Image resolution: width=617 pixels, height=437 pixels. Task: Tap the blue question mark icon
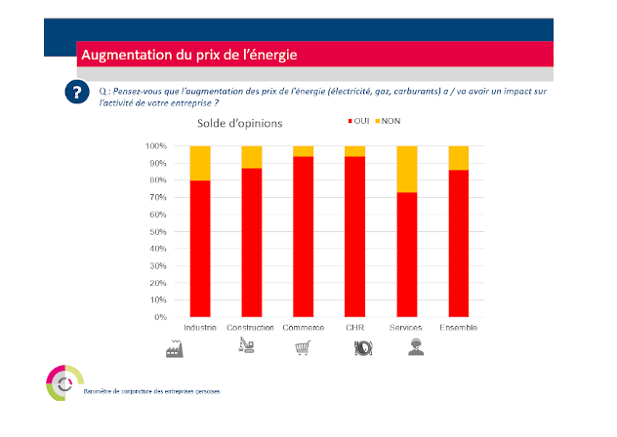74,94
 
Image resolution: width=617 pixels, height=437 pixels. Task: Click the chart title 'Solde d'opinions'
239,124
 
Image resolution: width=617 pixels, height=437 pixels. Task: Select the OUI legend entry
360,121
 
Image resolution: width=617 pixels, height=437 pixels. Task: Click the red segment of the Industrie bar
200,249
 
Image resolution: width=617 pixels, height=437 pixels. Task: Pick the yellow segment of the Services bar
407,169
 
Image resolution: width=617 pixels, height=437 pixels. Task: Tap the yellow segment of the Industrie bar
200,163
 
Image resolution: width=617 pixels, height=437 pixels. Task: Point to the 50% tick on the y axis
156,232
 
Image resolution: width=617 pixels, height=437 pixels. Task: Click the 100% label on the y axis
154,146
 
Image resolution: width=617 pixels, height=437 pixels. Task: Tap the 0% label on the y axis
158,318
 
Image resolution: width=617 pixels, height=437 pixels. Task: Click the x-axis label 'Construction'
251,327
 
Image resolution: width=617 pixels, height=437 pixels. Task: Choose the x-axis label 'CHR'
355,327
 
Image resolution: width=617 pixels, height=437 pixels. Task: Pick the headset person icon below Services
416,348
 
